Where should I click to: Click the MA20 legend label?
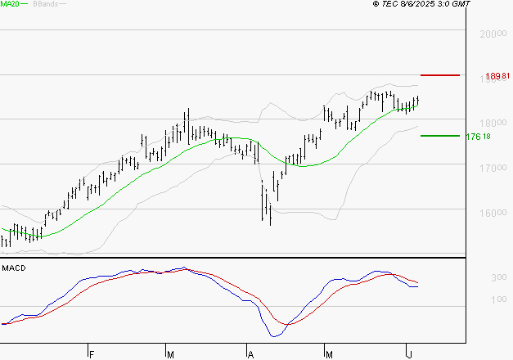coord(11,4)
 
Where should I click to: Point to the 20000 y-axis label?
coord(491,34)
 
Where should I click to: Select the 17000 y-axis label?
coord(491,168)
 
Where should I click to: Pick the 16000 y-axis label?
coord(491,213)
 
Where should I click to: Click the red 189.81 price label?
coord(497,76)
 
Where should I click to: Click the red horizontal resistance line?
coord(440,75)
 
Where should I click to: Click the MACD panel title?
coord(14,268)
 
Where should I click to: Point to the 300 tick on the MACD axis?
coord(475,278)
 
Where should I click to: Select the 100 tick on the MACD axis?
coord(475,299)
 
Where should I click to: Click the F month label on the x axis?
coord(92,353)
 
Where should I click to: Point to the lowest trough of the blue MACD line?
coord(274,336)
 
